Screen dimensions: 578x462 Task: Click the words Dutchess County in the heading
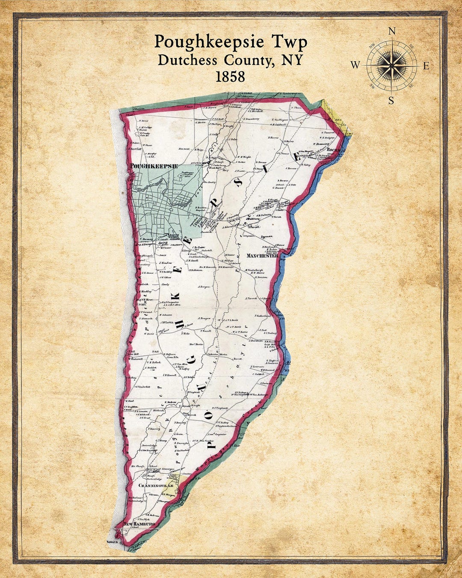coord(214,60)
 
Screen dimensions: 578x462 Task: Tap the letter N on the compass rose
coord(391,31)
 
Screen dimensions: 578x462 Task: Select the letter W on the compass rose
coord(355,65)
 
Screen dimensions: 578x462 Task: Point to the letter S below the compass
coord(391,101)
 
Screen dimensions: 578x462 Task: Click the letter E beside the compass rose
coord(426,66)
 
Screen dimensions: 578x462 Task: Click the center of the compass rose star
coord(391,66)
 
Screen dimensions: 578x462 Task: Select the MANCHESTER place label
coord(262,256)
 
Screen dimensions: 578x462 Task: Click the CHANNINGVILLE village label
coord(156,486)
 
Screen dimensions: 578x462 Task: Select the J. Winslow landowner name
coord(165,263)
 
